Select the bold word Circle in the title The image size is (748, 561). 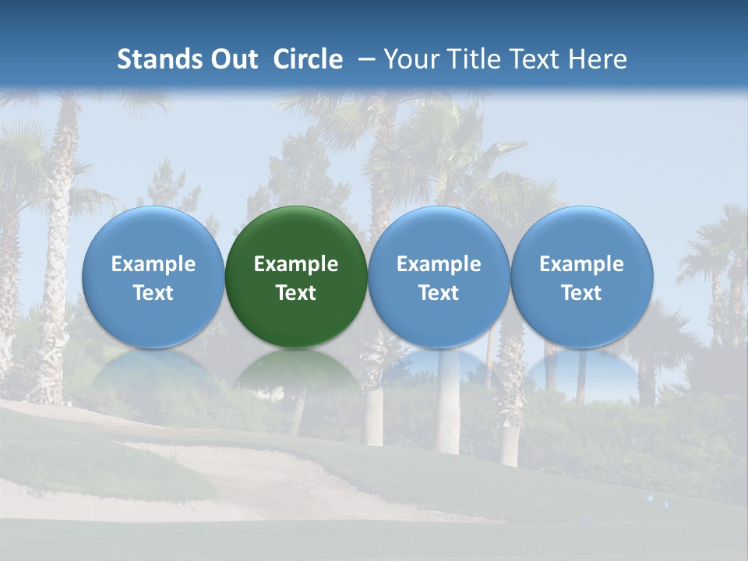(x=308, y=59)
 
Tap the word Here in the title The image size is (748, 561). (x=598, y=59)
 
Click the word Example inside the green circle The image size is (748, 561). (x=296, y=264)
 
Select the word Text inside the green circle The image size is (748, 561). (x=296, y=293)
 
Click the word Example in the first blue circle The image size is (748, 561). (x=153, y=264)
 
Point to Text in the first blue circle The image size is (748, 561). (x=153, y=293)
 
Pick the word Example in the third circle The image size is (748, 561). (x=439, y=264)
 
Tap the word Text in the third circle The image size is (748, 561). (x=439, y=293)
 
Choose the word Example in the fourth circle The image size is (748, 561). (x=581, y=264)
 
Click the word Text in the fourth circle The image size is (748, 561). (x=581, y=293)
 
